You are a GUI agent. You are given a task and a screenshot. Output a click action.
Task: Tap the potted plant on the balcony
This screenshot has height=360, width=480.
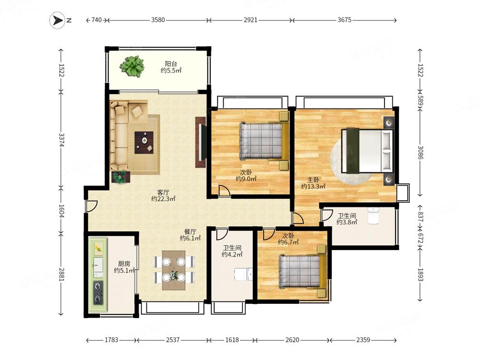132,66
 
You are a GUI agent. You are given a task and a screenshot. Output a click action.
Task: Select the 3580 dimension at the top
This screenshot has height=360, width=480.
158,20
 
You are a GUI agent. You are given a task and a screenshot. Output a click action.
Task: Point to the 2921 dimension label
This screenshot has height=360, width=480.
251,20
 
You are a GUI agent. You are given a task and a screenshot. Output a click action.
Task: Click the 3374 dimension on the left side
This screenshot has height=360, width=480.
61,140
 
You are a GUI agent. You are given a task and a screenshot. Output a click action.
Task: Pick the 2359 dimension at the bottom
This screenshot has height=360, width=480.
363,340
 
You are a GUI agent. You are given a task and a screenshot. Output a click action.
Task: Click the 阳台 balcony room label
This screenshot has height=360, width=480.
171,64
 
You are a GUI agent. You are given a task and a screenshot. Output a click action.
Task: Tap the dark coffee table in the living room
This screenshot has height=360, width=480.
144,143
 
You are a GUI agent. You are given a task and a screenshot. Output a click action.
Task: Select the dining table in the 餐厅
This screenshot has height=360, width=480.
174,270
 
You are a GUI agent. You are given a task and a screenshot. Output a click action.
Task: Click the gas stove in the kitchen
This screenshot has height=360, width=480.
98,293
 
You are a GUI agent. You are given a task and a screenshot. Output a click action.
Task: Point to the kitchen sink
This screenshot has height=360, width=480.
98,265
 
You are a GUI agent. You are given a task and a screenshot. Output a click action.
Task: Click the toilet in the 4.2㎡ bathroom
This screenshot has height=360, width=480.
243,274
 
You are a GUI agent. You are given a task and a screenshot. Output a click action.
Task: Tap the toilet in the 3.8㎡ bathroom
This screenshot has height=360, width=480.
373,216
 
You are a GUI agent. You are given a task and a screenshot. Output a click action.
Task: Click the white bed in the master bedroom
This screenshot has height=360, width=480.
367,151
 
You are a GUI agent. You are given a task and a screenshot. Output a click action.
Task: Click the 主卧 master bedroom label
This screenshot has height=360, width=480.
313,180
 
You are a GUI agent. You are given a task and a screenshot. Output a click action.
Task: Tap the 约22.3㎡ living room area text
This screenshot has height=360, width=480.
163,199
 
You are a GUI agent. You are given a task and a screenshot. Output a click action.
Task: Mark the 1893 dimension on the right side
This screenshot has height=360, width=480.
420,275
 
